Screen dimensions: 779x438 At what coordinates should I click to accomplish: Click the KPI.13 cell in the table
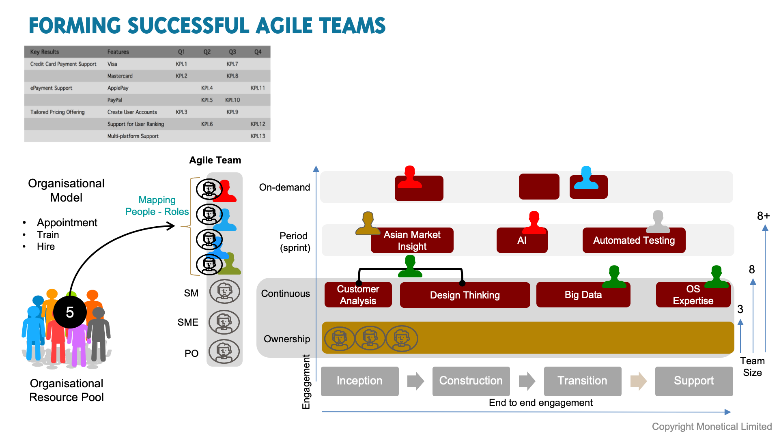tap(258, 136)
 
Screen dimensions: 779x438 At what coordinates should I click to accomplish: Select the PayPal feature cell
tap(115, 100)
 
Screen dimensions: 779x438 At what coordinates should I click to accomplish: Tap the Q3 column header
tap(232, 52)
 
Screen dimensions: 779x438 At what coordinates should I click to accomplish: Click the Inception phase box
tap(359, 381)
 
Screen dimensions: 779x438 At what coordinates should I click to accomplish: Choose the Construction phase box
tap(471, 381)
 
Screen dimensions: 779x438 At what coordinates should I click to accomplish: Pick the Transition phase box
tap(583, 381)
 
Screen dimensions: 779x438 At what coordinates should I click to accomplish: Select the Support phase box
tap(694, 381)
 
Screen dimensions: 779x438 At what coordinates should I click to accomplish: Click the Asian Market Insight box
tap(412, 240)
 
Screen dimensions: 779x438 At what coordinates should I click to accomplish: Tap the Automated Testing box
tap(634, 240)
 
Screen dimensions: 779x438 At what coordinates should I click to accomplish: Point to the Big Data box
tap(583, 295)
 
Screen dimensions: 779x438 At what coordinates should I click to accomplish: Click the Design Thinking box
tap(465, 295)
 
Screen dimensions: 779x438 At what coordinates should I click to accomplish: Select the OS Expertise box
tap(693, 295)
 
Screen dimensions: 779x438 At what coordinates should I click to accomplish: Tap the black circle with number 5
tap(70, 312)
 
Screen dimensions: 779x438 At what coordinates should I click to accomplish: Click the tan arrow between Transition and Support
tap(639, 381)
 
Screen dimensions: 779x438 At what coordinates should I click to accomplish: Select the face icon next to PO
tap(224, 352)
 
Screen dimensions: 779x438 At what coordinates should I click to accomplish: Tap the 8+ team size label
tap(764, 216)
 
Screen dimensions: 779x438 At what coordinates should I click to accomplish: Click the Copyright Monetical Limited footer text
tap(712, 427)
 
